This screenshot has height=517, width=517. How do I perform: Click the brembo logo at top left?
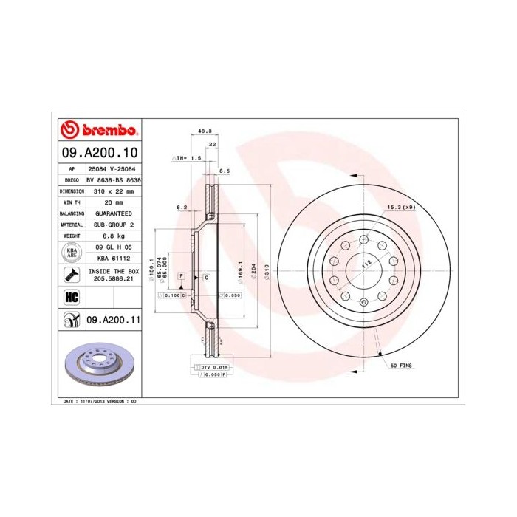98,131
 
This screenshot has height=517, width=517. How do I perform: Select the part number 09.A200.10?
98,154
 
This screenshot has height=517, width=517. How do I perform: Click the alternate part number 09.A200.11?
113,320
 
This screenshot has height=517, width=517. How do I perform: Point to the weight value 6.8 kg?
113,235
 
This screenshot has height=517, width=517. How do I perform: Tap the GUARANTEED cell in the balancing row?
113,213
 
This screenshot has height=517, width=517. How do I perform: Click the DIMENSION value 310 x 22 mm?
113,191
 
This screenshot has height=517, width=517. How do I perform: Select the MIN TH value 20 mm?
113,202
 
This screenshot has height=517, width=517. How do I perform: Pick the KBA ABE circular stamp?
72,252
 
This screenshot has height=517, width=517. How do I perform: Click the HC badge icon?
72,298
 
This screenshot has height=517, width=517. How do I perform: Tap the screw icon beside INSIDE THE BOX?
72,275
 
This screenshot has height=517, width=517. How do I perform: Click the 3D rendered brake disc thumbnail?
98,366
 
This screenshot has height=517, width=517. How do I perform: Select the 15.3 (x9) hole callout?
401,208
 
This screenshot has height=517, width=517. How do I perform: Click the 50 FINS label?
402,366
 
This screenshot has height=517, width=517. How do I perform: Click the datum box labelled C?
206,276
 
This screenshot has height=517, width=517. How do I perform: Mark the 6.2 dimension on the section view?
182,208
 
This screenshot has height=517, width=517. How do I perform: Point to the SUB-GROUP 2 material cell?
113,224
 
